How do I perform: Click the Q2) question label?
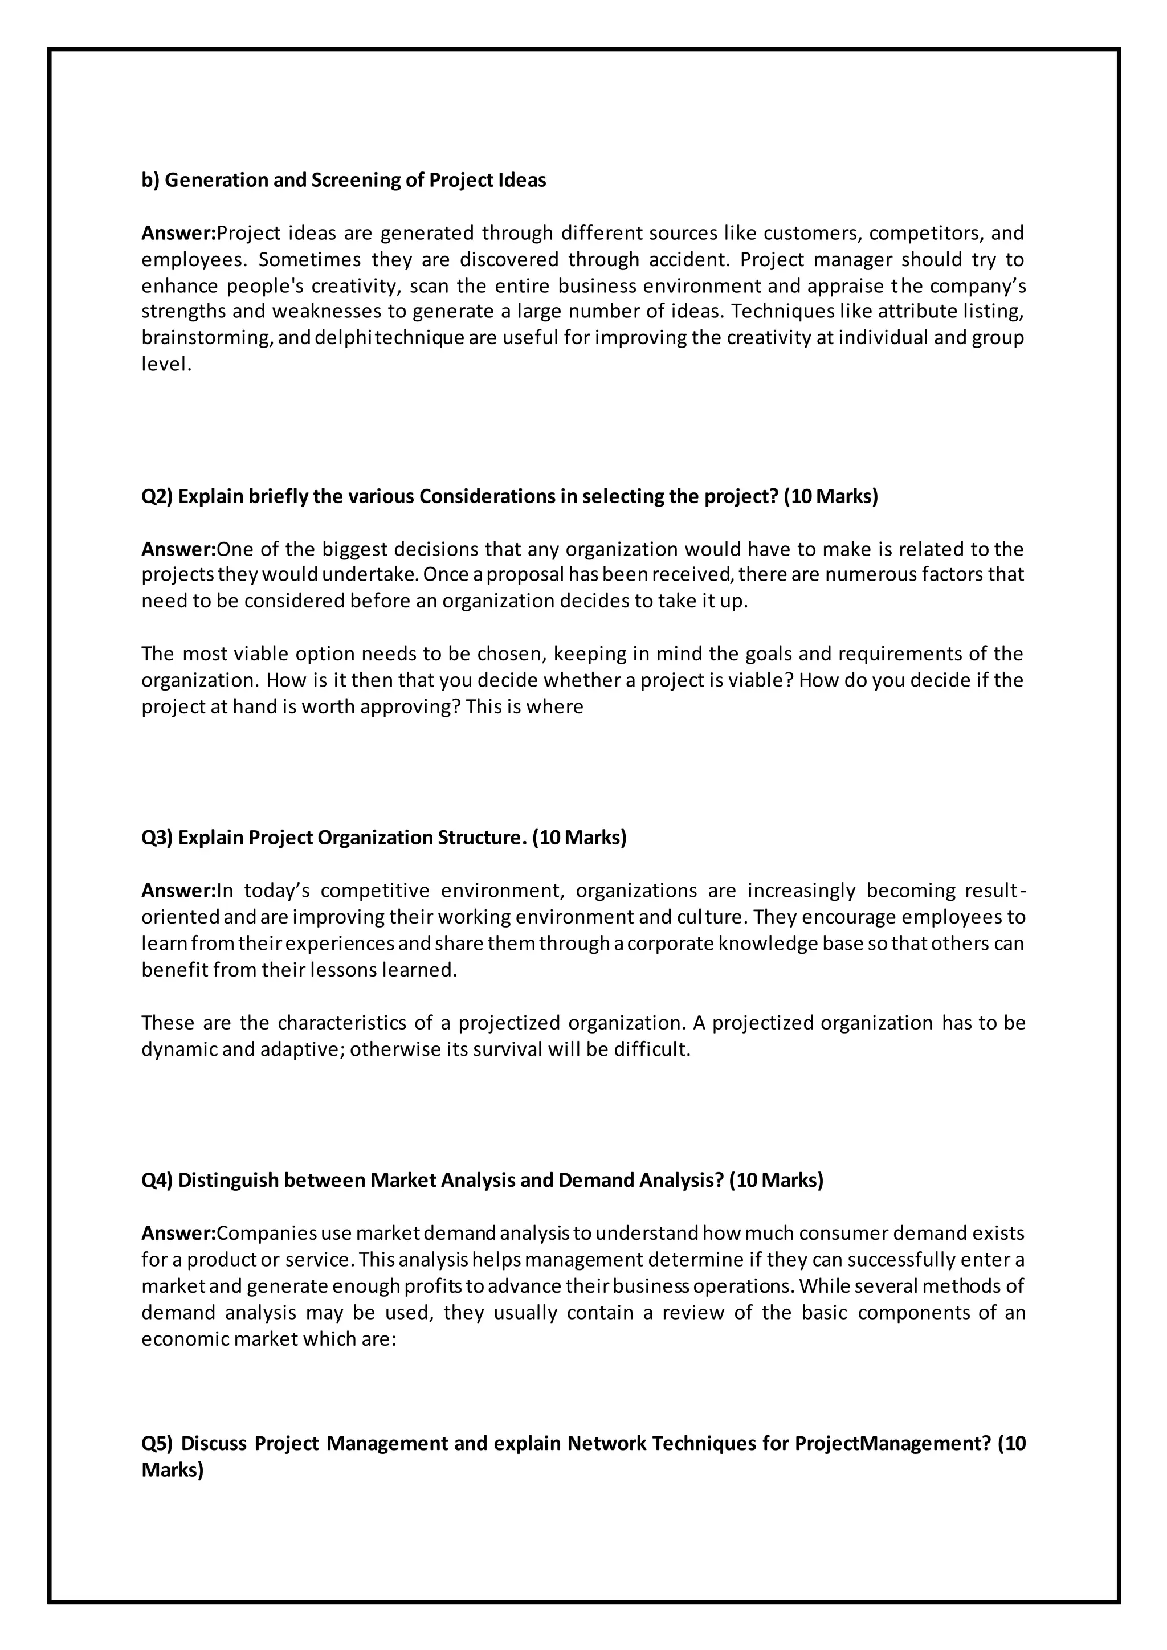pyautogui.click(x=157, y=497)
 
